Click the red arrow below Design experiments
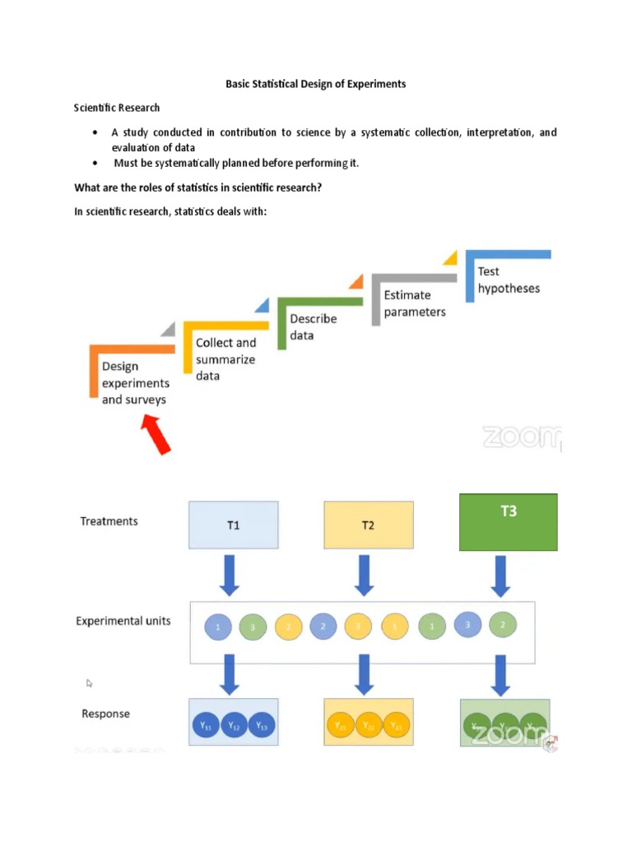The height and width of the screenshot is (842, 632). [156, 433]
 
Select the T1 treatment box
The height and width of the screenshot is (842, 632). [234, 525]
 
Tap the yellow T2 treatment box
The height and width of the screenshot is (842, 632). [368, 525]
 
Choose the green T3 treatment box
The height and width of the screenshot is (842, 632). [508, 521]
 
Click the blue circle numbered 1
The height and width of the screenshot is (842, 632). [218, 627]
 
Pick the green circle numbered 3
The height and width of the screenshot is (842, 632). [253, 628]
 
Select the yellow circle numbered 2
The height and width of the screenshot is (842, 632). [289, 627]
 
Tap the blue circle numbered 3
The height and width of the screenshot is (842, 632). [467, 625]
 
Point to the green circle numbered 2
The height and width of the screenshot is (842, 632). [502, 625]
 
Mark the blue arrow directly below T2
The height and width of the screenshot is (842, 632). [363, 575]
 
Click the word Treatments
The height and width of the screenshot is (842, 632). [109, 521]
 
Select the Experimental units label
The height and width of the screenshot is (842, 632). [123, 621]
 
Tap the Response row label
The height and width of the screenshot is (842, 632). [105, 714]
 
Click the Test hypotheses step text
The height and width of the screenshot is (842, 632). [509, 280]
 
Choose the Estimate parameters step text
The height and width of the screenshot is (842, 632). [415, 303]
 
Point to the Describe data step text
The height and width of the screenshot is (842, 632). [313, 326]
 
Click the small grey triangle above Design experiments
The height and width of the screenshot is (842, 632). [168, 329]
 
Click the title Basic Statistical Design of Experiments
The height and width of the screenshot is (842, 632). [316, 84]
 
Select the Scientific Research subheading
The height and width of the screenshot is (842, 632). [117, 108]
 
